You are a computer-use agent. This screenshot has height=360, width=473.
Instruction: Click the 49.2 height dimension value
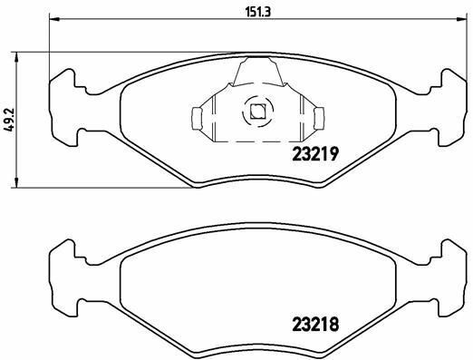coord(10,120)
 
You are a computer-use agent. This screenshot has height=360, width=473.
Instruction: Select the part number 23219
coord(315,155)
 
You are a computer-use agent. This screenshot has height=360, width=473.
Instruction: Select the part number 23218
coord(315,325)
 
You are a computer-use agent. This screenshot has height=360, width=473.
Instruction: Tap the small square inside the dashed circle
coord(257,112)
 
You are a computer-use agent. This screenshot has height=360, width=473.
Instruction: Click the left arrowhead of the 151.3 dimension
coord(54,19)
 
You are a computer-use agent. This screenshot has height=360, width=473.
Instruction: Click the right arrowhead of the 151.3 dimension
coord(461,19)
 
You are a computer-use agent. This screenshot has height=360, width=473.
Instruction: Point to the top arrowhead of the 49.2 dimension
coord(17,57)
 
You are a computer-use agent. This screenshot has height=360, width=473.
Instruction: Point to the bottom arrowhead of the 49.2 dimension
coord(17,182)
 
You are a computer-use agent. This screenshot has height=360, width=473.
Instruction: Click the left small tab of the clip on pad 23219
coord(197,119)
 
